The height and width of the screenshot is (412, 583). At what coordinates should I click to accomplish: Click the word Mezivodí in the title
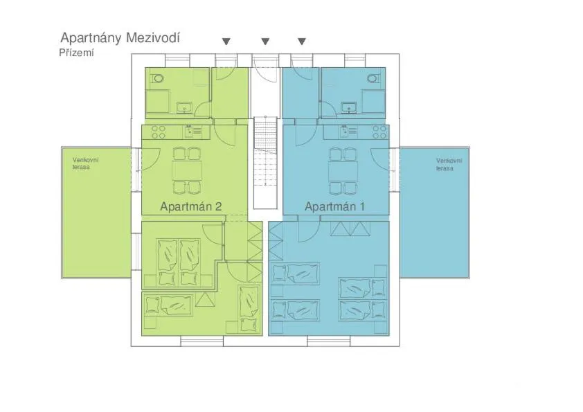[152, 37]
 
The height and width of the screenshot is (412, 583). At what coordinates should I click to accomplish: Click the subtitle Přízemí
[77, 52]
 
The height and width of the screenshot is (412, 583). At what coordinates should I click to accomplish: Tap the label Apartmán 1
[335, 206]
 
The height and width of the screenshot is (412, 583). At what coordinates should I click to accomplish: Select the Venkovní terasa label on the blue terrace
[449, 163]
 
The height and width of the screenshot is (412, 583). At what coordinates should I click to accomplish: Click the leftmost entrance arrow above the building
[226, 42]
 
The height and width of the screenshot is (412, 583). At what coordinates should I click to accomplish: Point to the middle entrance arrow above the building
[265, 42]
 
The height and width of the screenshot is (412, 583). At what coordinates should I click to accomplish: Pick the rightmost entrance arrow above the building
[301, 42]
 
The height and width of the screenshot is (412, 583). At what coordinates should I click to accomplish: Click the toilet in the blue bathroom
[375, 78]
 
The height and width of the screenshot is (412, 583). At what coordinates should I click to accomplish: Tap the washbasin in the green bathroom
[185, 107]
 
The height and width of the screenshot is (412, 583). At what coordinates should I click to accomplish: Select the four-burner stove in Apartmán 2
[159, 131]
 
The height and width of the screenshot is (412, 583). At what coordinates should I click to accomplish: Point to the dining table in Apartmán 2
[186, 170]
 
